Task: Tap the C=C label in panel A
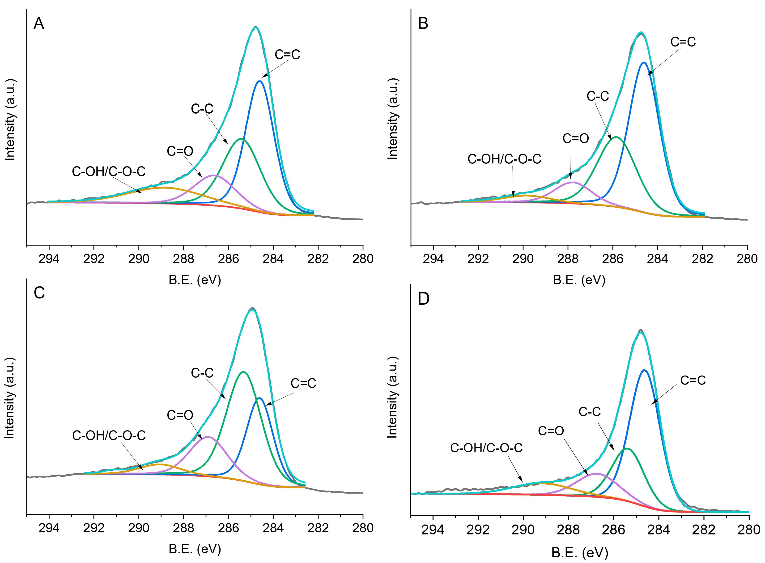pos(287,55)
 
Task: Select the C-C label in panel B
pos(597,96)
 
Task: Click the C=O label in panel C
pos(180,415)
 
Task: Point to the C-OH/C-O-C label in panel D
pos(486,448)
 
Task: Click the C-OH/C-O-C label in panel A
pos(108,171)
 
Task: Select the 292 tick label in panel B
pos(478,259)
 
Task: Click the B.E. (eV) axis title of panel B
pos(579,280)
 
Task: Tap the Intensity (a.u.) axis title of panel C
pos(9,398)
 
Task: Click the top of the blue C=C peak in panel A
pos(260,81)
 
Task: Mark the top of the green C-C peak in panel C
pos(243,372)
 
